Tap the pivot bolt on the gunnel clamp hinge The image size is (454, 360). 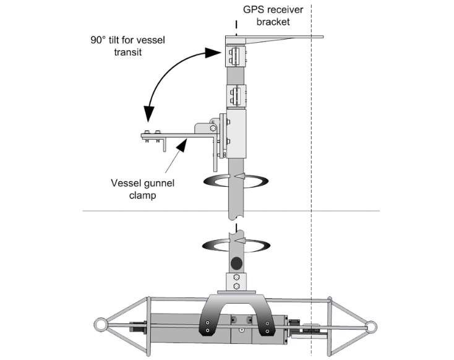coord(213,129)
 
